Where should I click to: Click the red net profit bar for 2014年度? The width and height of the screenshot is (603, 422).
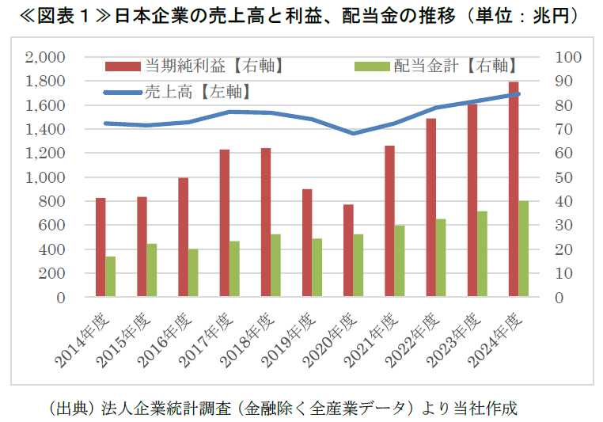tap(100, 247)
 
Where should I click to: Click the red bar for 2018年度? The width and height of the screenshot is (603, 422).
tap(266, 222)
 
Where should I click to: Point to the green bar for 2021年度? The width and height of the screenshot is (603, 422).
tap(400, 261)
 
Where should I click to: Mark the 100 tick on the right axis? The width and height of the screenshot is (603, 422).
tap(569, 57)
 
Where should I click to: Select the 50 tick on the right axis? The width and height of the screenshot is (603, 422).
tap(565, 177)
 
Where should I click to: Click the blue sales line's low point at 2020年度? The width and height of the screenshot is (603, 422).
tap(355, 133)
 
